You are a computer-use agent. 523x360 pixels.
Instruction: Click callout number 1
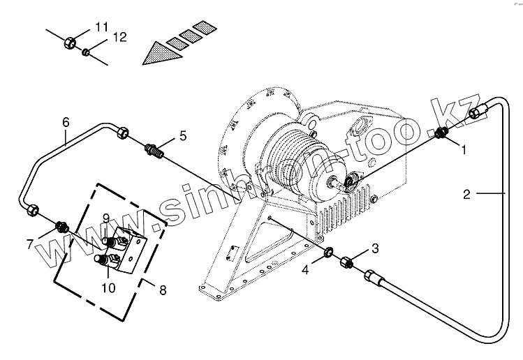pyautogui.click(x=462, y=147)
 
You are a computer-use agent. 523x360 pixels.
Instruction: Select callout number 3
pyautogui.click(x=374, y=248)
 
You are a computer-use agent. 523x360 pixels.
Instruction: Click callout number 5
pyautogui.click(x=182, y=136)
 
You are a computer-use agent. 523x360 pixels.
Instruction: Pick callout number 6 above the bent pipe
pyautogui.click(x=66, y=122)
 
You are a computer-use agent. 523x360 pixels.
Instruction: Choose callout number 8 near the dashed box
pyautogui.click(x=163, y=290)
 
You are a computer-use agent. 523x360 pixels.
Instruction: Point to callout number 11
pyautogui.click(x=102, y=27)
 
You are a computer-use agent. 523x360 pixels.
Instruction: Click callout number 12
pyautogui.click(x=119, y=38)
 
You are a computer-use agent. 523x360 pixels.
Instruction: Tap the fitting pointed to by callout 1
pyautogui.click(x=441, y=134)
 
